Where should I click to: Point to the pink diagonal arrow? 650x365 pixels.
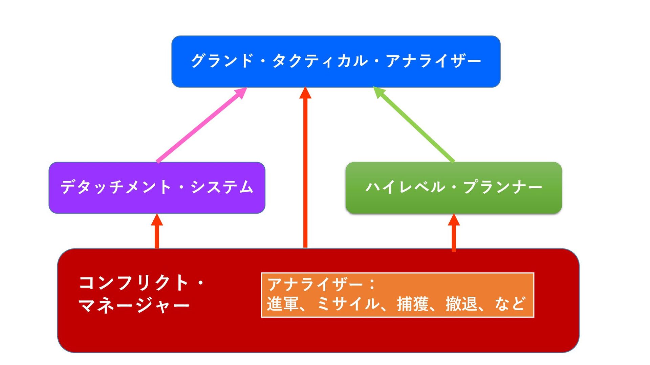tap(202, 125)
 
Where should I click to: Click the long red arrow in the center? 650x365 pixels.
tap(305, 169)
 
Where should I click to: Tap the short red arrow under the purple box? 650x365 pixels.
tap(157, 232)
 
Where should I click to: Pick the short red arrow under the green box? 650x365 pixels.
tap(454, 233)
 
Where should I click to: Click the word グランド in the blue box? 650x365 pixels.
tap(222, 61)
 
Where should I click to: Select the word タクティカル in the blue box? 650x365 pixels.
tap(320, 61)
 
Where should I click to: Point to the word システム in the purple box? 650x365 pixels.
tap(222, 187)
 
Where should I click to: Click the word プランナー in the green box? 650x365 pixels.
tap(503, 187)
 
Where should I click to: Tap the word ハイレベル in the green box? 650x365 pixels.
tap(405, 187)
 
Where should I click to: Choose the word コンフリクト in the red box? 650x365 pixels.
tap(133, 283)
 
